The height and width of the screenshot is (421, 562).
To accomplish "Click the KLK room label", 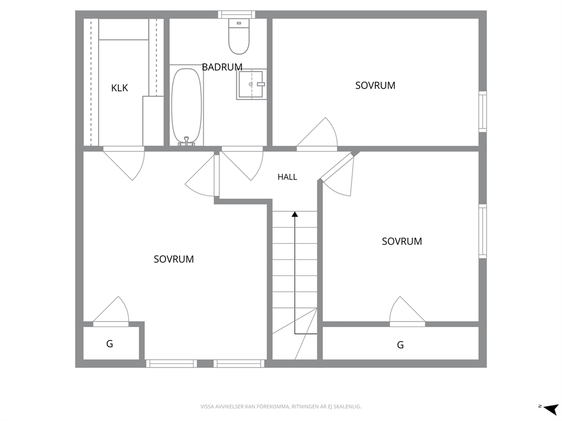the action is point(120,88).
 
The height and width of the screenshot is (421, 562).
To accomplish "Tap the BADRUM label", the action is point(222,67).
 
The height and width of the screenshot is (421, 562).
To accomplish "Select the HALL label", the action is point(287,177).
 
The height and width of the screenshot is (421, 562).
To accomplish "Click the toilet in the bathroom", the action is point(239,36).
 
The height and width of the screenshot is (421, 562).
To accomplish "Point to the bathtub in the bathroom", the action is point(186,106).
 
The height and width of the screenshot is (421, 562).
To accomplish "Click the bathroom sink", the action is point(251,84).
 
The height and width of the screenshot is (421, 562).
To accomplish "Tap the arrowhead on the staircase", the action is point(295,214).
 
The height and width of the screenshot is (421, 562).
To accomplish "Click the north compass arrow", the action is point(551,408).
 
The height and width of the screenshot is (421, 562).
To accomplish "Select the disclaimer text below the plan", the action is point(280,407).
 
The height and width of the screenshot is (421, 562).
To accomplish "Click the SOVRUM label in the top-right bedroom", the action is point(375,85).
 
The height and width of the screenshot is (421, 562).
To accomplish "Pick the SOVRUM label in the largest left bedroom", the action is point(174,259).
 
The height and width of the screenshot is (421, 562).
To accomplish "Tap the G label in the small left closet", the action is point(110,343).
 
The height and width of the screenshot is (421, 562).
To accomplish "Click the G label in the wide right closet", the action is point(401,345).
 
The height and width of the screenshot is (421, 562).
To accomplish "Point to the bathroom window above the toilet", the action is point(237,14).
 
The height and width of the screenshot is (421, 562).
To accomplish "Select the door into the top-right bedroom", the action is point(317,133).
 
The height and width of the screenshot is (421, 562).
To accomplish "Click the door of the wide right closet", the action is point(407,311).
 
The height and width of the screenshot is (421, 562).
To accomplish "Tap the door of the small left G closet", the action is point(110,311).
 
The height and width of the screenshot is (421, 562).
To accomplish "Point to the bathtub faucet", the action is point(186,141).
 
